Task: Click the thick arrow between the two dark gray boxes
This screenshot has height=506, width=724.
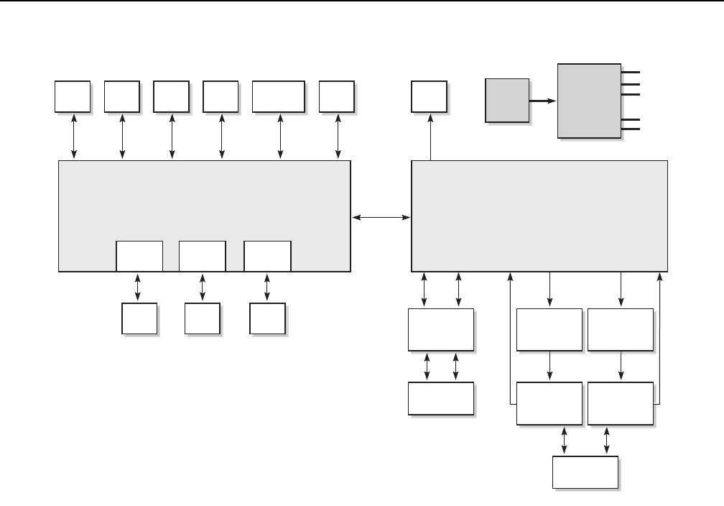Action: [543, 101]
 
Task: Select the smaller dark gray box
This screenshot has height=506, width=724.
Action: [507, 101]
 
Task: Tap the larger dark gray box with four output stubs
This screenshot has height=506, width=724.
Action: [590, 101]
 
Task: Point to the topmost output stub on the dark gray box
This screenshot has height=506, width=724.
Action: [631, 72]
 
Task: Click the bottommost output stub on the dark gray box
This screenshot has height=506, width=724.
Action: [631, 129]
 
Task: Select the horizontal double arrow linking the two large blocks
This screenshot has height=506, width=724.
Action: [381, 216]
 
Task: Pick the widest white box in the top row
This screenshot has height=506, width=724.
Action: [279, 97]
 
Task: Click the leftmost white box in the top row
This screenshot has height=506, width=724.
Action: [73, 97]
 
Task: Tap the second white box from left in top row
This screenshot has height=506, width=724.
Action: [121, 97]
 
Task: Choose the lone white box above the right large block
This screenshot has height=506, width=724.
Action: [430, 97]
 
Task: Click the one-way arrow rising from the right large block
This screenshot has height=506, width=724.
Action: [430, 137]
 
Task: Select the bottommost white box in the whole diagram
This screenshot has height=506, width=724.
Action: [585, 473]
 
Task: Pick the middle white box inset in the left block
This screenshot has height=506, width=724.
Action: [202, 257]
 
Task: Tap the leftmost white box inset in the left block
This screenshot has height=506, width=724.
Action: [139, 257]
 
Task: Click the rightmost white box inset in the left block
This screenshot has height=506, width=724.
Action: [267, 257]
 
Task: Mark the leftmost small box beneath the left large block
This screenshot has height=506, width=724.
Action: [139, 319]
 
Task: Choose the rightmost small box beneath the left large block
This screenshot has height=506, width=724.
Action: [267, 319]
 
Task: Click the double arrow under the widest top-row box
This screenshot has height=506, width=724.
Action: [279, 136]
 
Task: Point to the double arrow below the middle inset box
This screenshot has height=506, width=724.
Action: [202, 287]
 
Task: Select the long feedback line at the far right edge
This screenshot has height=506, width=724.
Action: [659, 338]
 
